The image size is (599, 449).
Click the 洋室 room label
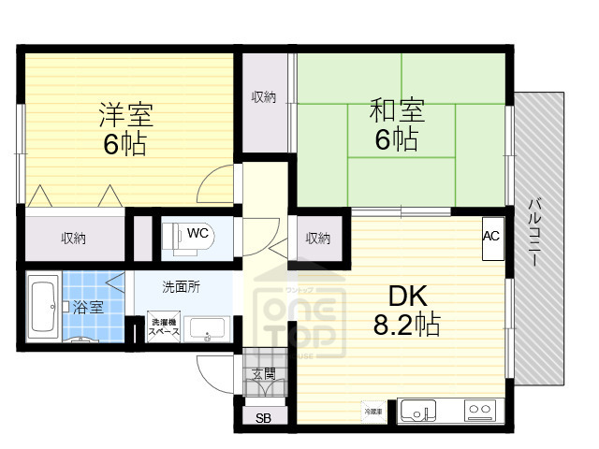(126, 115)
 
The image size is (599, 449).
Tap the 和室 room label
(398, 110)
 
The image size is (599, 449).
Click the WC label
(197, 232)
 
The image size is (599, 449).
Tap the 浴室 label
(89, 307)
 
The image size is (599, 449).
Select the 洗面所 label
(181, 287)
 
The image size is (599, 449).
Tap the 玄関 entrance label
(263, 374)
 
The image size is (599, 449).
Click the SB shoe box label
(263, 418)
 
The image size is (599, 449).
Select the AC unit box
(491, 236)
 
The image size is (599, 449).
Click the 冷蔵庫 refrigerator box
(373, 410)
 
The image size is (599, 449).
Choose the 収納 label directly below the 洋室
(74, 239)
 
